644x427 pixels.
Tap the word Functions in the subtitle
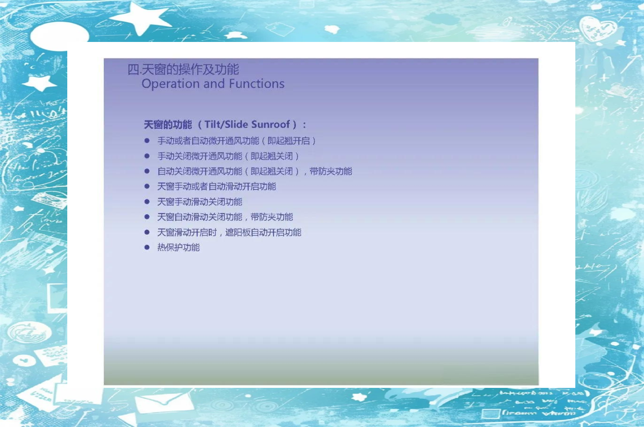[257, 83]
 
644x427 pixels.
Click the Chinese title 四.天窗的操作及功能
[183, 69]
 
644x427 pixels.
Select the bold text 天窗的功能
[168, 124]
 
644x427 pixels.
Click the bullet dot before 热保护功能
[147, 247]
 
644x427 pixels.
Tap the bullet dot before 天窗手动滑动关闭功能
[147, 202]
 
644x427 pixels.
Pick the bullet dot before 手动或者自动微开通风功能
[147, 140]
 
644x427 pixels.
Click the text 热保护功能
[178, 247]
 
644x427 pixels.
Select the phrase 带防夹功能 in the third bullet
[331, 172]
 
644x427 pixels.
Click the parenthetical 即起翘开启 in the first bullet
[289, 141]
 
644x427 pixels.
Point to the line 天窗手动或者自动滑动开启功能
[216, 187]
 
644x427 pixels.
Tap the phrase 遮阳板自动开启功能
[263, 232]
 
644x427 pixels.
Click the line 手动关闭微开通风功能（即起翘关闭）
[228, 156]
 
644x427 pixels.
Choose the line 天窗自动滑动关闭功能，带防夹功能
[225, 217]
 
